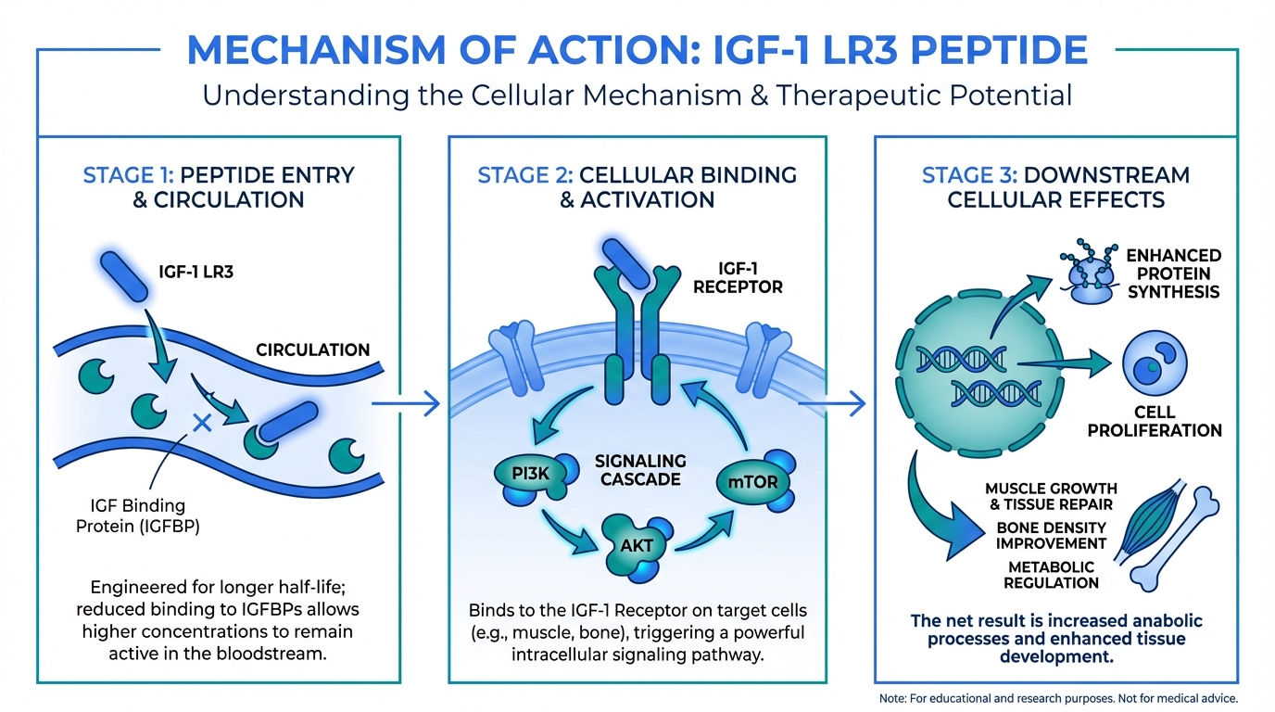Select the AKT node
coord(637,545)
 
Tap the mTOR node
coord(752,481)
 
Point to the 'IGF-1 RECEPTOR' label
coord(738,277)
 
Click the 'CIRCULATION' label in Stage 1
coord(312,350)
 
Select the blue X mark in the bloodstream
coord(200,424)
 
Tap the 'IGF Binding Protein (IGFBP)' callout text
coord(138,515)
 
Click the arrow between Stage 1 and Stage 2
coord(405,402)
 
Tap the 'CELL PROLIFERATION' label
coord(1154,421)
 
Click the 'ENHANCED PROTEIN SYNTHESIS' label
coord(1173,273)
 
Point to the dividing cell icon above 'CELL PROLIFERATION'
coord(1155,363)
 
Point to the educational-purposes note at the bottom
coord(1057,697)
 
